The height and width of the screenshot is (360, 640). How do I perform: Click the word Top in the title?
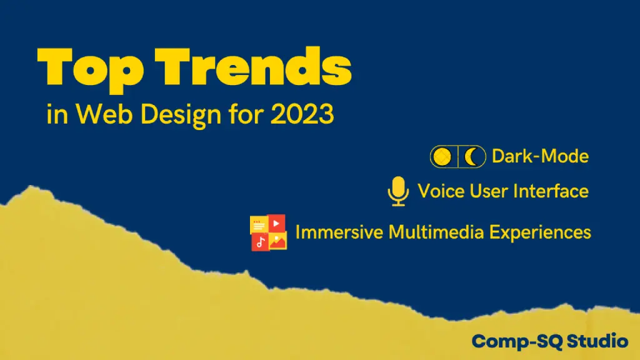(90, 69)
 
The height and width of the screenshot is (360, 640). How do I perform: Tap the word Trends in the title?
(253, 66)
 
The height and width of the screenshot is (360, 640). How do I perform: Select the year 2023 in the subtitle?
(302, 114)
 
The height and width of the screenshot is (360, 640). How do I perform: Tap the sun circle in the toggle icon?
(442, 156)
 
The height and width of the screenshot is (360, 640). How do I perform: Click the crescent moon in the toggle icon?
(471, 157)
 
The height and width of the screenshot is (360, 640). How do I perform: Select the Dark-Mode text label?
(540, 156)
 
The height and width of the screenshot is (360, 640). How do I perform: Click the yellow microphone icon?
(398, 191)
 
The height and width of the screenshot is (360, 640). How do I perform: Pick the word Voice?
(441, 191)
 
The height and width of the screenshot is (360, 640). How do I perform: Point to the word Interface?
(551, 191)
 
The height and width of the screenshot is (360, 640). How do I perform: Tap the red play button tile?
(276, 223)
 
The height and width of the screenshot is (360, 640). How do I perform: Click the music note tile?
(260, 242)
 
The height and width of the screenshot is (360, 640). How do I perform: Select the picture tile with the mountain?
(278, 241)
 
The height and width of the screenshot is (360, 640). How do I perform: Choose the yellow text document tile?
(259, 224)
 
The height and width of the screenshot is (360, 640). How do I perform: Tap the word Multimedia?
(436, 232)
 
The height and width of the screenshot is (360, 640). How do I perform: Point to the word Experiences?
(540, 232)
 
